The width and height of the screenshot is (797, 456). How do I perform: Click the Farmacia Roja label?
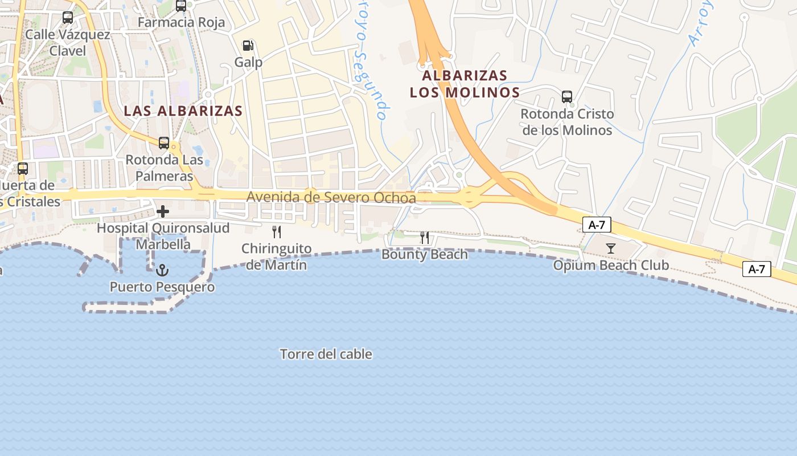pyautogui.click(x=182, y=23)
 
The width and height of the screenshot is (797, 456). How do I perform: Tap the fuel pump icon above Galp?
pyautogui.click(x=248, y=46)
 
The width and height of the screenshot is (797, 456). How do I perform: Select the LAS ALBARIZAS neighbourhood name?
pyautogui.click(x=183, y=111)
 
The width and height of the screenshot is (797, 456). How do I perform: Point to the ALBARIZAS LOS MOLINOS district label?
pyautogui.click(x=465, y=84)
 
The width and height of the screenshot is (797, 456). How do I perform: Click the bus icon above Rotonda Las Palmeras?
pyautogui.click(x=164, y=143)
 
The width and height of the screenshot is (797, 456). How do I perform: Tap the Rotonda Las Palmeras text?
pyautogui.click(x=164, y=168)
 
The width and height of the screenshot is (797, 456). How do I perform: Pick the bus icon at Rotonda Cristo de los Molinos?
pyautogui.click(x=567, y=96)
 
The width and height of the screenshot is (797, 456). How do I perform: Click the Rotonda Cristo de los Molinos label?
pyautogui.click(x=567, y=122)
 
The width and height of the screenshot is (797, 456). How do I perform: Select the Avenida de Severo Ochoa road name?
pyautogui.click(x=331, y=197)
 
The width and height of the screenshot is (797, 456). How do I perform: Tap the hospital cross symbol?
pyautogui.click(x=163, y=212)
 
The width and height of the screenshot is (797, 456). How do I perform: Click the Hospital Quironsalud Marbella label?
pyautogui.click(x=163, y=236)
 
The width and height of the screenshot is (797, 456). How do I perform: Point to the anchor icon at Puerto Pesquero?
pyautogui.click(x=163, y=270)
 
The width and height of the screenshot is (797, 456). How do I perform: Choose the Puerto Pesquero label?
pyautogui.click(x=162, y=287)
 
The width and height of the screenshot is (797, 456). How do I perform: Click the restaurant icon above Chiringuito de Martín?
pyautogui.click(x=277, y=232)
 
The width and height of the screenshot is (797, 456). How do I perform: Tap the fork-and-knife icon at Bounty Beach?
pyautogui.click(x=425, y=238)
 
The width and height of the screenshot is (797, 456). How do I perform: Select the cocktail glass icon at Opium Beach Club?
pyautogui.click(x=611, y=248)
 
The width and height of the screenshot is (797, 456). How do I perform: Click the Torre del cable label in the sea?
pyautogui.click(x=326, y=354)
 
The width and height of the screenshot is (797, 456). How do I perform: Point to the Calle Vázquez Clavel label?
pyautogui.click(x=67, y=43)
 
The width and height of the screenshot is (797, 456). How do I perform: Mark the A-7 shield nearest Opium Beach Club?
pyautogui.click(x=597, y=225)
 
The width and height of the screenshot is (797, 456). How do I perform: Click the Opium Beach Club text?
pyautogui.click(x=611, y=265)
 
